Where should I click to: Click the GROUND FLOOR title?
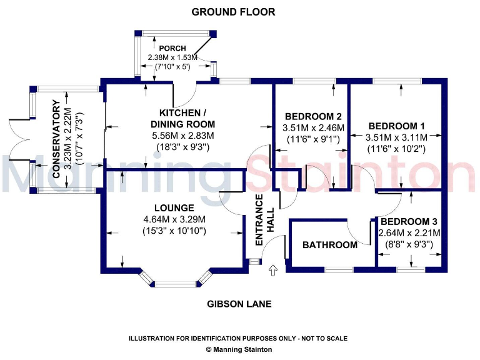233,12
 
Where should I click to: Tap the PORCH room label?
172,48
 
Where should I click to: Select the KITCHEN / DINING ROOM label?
182,118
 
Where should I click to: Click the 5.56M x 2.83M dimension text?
182,136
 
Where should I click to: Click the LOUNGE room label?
174,207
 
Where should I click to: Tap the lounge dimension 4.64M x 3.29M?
174,219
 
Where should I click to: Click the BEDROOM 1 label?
397,125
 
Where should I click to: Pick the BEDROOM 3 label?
409,222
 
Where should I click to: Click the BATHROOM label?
330,245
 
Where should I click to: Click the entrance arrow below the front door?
272,270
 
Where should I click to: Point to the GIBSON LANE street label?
239,304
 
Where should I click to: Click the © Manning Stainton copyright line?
239,349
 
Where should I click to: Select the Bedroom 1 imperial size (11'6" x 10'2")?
397,149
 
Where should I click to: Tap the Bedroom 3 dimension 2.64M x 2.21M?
409,233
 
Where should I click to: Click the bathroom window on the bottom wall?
339,269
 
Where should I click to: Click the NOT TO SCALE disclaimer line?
238,338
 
